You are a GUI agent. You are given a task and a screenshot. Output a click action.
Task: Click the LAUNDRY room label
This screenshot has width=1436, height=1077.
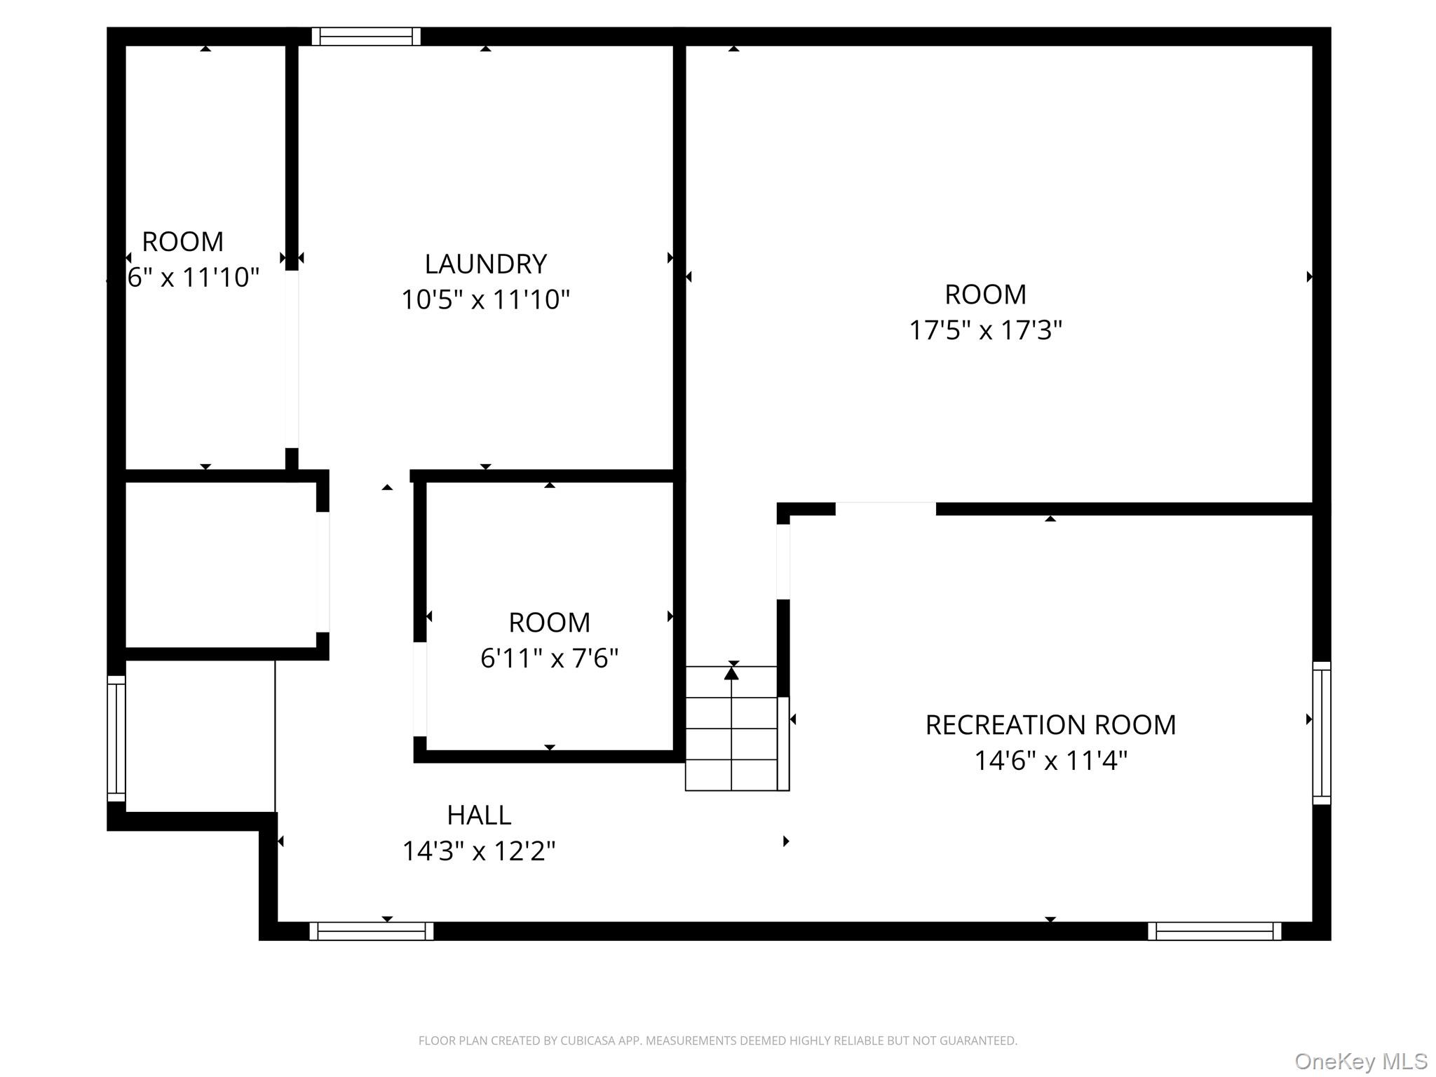(485, 264)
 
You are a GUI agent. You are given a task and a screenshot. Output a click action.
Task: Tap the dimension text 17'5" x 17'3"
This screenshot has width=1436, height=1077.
(985, 330)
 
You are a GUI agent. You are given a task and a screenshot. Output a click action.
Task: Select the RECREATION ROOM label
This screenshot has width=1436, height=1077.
(1050, 724)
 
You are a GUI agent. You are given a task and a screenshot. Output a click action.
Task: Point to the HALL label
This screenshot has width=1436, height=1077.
(479, 815)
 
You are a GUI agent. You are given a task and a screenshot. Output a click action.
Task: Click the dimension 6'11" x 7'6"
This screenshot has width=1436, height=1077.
(549, 658)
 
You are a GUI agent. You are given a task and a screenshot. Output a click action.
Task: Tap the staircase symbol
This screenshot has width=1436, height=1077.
(731, 729)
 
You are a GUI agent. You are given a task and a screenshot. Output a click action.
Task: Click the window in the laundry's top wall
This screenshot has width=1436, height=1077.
(365, 36)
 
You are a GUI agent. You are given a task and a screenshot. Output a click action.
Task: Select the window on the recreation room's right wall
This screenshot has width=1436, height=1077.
(1321, 733)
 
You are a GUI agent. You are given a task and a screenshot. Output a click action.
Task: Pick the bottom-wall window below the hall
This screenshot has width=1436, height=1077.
(371, 931)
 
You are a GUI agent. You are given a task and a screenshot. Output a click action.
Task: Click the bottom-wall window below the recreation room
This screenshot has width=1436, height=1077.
(1214, 931)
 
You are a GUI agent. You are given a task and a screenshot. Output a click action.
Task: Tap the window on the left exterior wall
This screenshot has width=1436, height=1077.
(116, 738)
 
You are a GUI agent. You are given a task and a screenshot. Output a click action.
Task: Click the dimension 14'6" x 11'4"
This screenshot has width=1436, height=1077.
(1050, 761)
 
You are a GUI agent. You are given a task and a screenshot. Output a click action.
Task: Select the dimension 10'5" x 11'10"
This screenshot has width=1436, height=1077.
(485, 300)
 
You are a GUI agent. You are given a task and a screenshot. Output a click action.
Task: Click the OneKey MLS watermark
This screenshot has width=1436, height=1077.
(1360, 1061)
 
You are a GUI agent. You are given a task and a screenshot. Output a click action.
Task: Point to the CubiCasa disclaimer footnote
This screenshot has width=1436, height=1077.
(717, 1041)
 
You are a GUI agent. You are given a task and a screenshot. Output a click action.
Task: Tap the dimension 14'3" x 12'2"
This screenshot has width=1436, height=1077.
(479, 851)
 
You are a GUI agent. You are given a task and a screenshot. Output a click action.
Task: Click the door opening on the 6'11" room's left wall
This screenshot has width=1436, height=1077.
(420, 689)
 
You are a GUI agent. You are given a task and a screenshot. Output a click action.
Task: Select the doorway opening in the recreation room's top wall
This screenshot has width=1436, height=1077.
(885, 509)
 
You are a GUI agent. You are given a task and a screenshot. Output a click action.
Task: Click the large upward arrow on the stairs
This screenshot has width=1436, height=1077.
(731, 673)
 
